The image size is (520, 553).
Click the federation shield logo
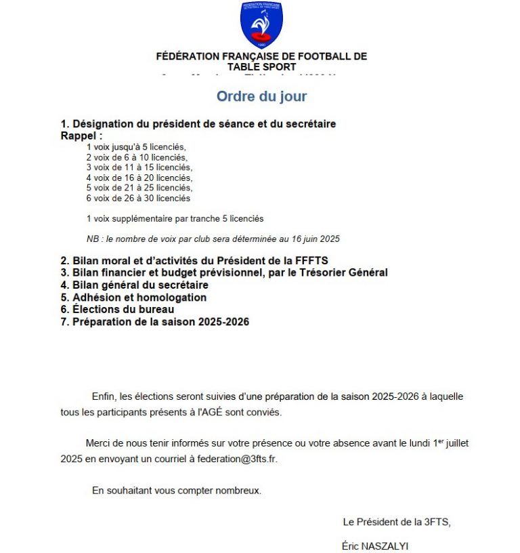coord(261,25)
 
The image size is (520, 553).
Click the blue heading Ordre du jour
coord(261,96)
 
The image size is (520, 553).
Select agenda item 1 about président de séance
coord(198,124)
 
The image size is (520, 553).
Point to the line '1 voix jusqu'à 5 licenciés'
coord(135,146)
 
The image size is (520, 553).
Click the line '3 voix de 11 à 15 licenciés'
coord(139,167)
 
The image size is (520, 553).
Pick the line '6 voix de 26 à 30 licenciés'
coord(138,199)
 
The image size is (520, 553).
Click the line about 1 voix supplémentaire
coord(175,218)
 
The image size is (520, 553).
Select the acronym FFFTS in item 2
coord(313,260)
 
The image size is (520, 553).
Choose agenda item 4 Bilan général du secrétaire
coord(135,285)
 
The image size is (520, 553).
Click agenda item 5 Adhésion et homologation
coord(133,298)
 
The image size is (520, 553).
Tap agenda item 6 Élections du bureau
coord(117,310)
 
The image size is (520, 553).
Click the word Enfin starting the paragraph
coord(104,396)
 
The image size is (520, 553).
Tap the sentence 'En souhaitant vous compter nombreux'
coord(176,491)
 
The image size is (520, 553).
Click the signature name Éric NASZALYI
coord(375,546)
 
